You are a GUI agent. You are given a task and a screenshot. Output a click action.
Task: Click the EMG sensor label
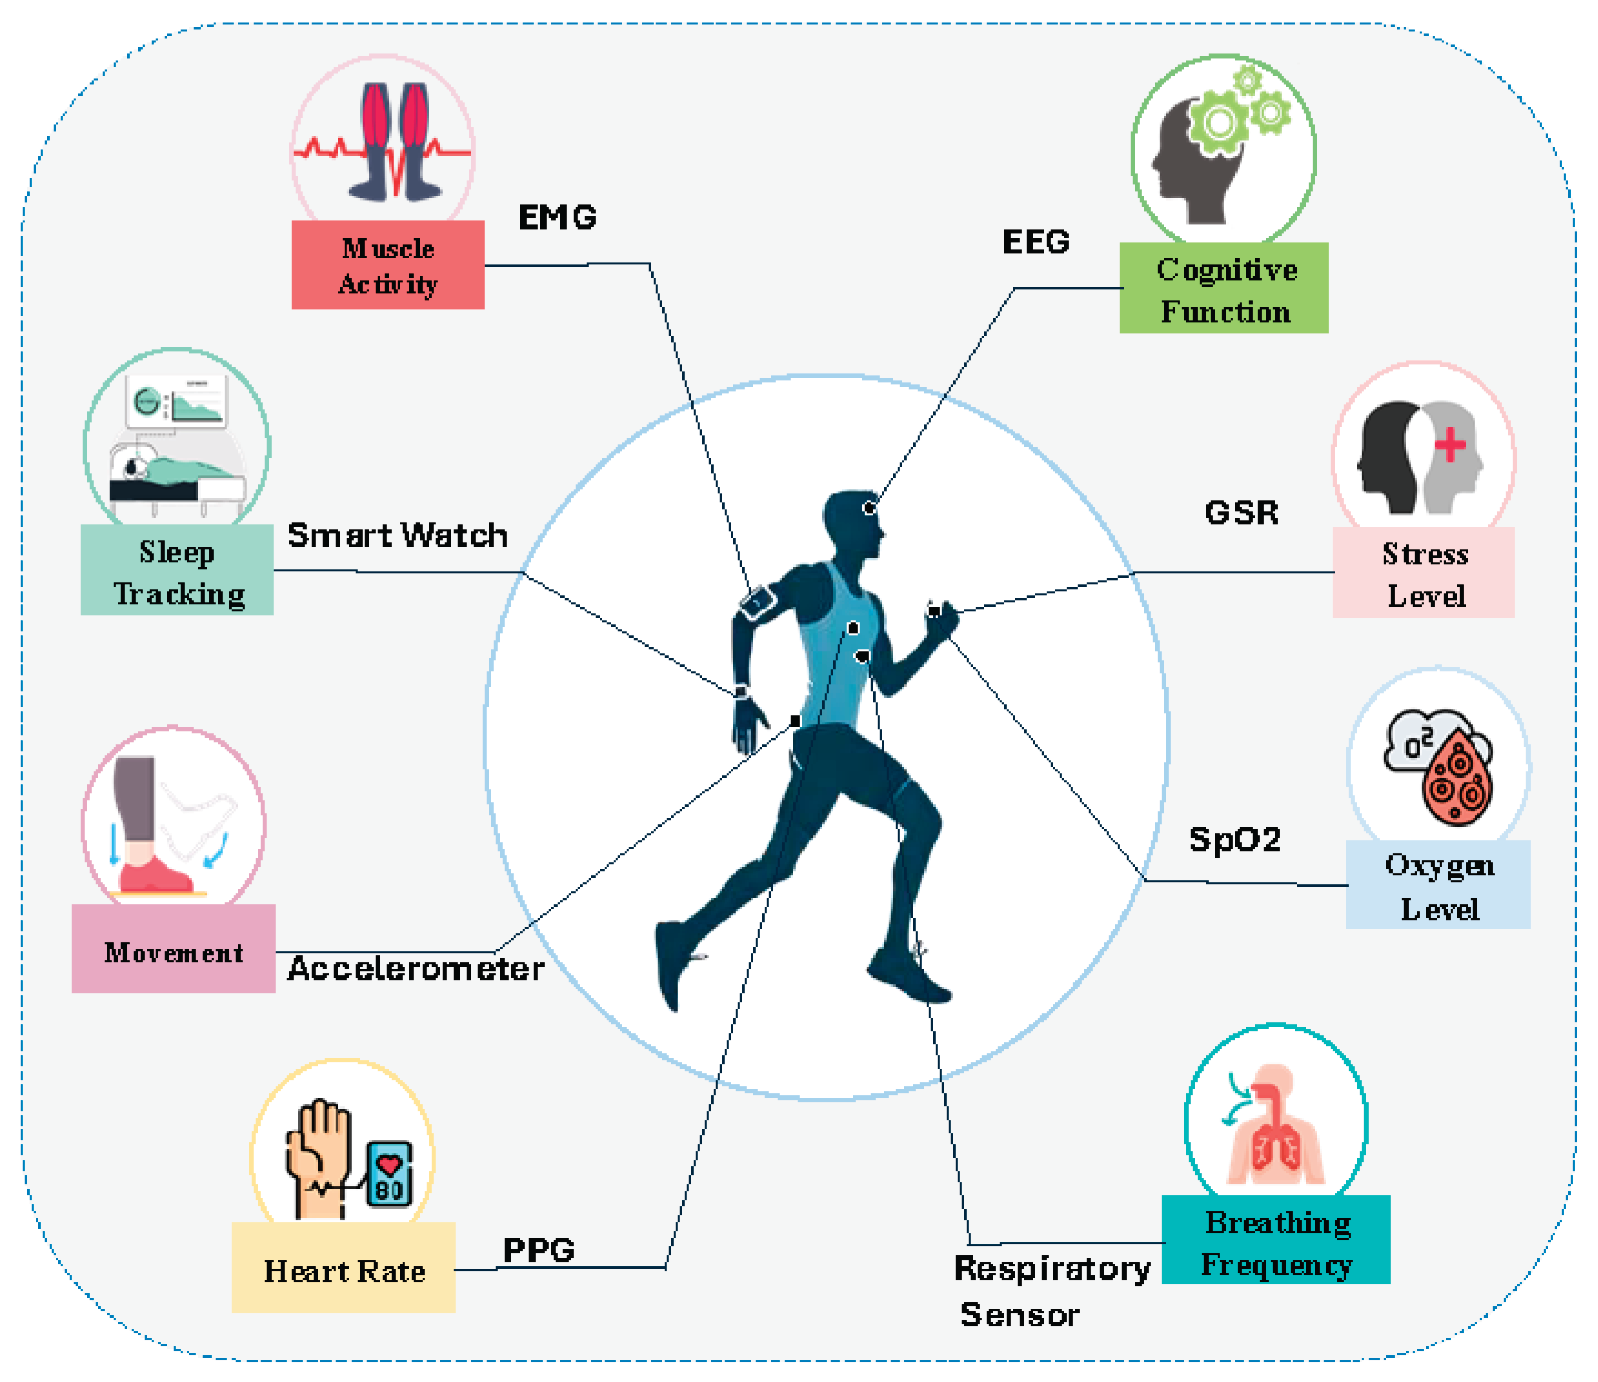point(557,218)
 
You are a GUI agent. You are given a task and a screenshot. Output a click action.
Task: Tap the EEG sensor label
point(1035,242)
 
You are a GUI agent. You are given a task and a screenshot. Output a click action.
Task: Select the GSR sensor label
point(1241,513)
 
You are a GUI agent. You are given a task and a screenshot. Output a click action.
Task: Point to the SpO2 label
point(1234,840)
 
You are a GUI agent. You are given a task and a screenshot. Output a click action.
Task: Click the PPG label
point(538,1250)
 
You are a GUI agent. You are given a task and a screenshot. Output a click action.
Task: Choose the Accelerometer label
point(416,969)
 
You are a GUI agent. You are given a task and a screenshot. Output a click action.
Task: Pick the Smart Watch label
point(397,535)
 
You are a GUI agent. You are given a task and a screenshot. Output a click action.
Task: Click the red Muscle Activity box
point(387,264)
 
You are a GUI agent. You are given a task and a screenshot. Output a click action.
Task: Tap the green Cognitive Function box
point(1223,289)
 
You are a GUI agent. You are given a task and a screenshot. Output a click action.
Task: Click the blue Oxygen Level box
point(1437,884)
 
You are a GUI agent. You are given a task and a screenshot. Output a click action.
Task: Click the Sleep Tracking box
point(177,570)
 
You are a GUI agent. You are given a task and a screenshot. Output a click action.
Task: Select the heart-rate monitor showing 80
point(389,1174)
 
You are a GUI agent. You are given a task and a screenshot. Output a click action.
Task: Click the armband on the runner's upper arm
point(756,603)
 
